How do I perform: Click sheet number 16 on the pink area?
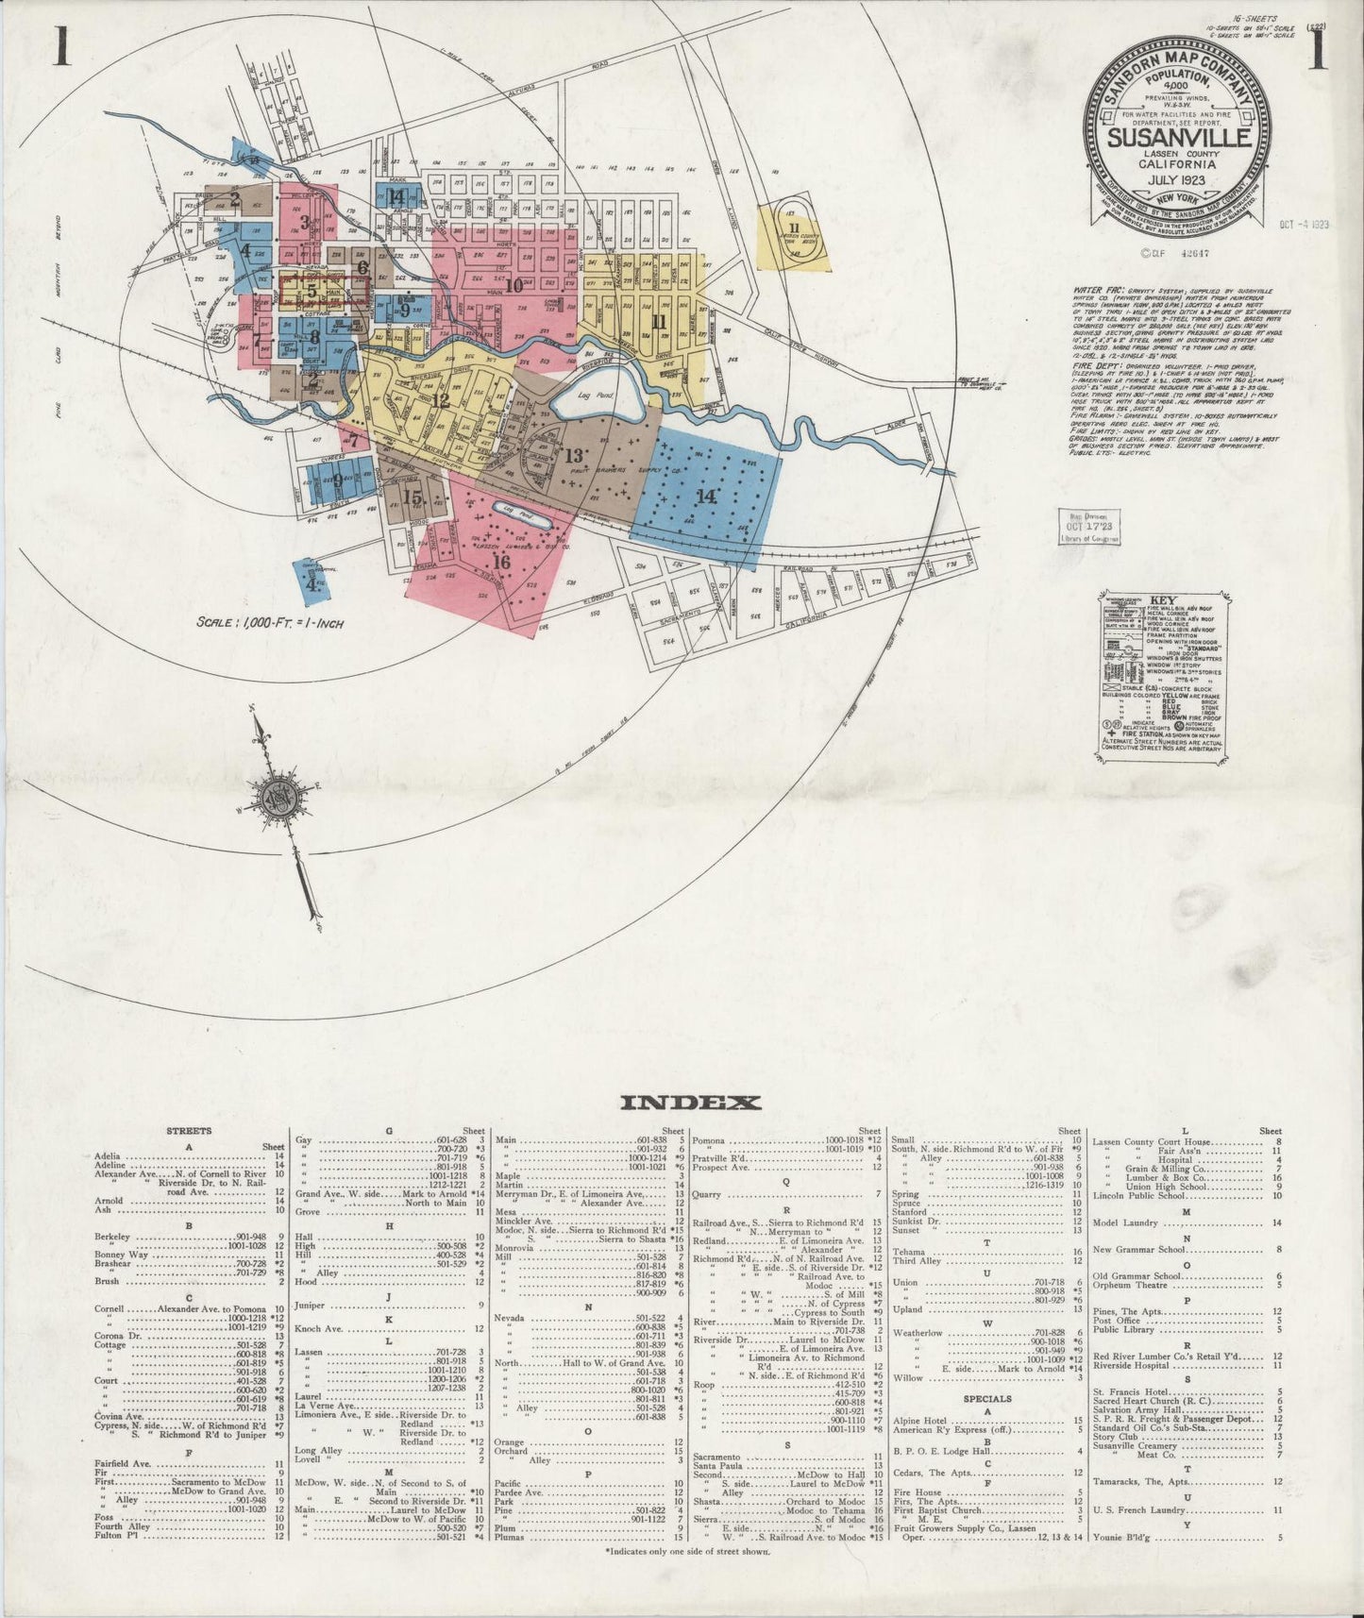point(500,562)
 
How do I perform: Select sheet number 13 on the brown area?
point(573,456)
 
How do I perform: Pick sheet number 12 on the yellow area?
point(441,400)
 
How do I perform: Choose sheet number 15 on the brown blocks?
point(413,497)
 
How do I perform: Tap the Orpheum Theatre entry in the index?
point(1125,1285)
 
